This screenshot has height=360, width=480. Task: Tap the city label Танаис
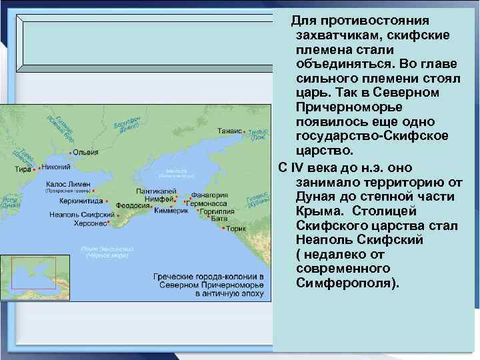click(229, 131)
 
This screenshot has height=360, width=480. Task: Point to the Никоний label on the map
click(55, 168)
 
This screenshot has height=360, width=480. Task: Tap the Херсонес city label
click(89, 223)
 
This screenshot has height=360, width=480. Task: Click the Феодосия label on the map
click(131, 205)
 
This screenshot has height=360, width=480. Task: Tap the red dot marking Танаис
click(245, 131)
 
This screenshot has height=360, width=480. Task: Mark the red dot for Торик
click(223, 228)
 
